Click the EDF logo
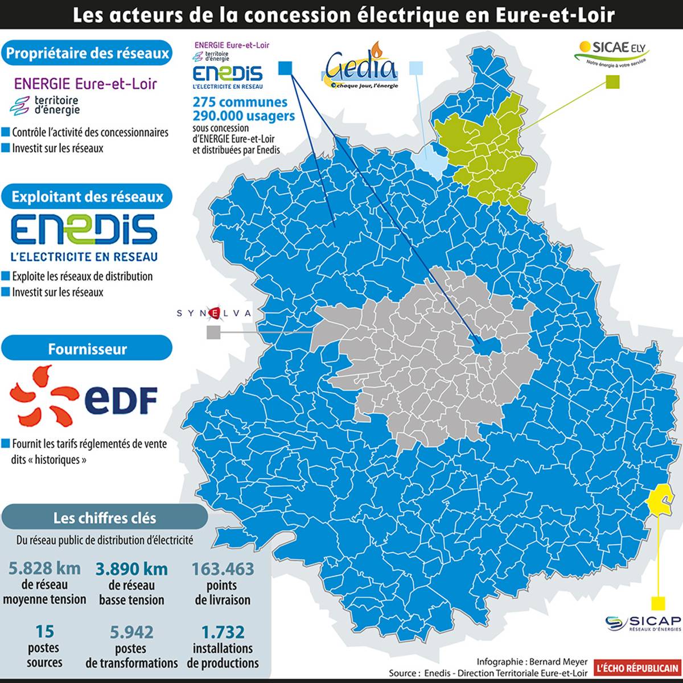click(x=84, y=397)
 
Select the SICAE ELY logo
click(x=611, y=53)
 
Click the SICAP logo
click(x=644, y=623)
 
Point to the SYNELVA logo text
click(x=213, y=313)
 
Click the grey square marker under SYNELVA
click(x=213, y=332)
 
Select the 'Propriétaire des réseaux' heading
click(x=87, y=54)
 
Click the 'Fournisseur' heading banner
click(x=87, y=348)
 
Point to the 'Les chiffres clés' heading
click(x=104, y=518)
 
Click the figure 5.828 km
click(x=44, y=568)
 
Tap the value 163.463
click(x=222, y=569)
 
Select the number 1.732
click(x=223, y=632)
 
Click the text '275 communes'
click(x=240, y=102)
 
